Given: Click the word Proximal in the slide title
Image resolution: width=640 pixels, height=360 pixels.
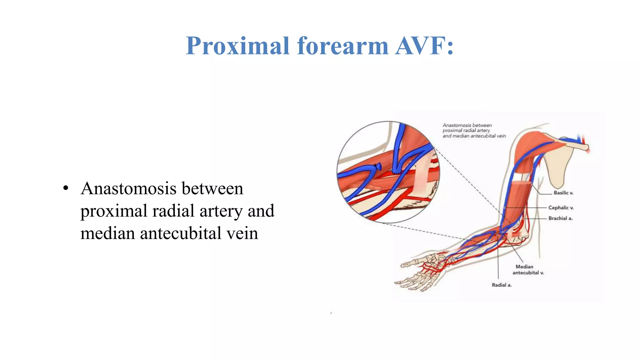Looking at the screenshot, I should (237, 46).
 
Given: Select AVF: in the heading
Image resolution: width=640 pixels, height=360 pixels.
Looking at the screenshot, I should (424, 46).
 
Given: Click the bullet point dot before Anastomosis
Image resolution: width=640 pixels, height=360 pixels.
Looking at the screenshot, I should (65, 189).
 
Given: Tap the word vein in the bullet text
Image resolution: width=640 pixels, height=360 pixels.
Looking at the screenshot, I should (242, 233).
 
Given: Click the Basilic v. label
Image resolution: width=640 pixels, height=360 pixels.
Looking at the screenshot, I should (563, 193).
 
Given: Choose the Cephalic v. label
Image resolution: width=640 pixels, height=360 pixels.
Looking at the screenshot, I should (561, 208).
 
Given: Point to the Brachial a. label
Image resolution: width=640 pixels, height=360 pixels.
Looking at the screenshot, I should (560, 218).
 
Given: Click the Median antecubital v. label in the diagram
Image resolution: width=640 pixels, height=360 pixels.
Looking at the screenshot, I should (528, 270).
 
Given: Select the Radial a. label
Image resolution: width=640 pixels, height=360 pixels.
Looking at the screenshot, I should (502, 285).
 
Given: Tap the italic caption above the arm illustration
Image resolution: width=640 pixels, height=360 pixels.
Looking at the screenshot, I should (473, 131).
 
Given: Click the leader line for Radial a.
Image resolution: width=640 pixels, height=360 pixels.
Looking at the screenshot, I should (498, 259).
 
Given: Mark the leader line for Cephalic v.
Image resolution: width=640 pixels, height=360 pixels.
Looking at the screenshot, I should (528, 208).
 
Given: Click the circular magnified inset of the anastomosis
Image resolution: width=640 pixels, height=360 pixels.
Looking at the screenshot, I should (388, 172).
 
